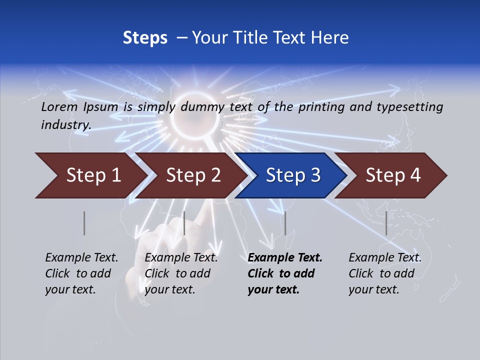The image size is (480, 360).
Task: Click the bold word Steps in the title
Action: tap(145, 38)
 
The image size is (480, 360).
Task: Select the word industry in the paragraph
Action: tap(66, 124)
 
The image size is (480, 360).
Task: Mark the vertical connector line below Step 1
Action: tap(84, 223)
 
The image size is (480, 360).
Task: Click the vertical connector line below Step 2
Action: tap(184, 223)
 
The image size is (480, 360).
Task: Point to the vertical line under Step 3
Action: tap(285, 223)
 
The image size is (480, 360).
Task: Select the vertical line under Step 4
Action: tap(386, 223)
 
